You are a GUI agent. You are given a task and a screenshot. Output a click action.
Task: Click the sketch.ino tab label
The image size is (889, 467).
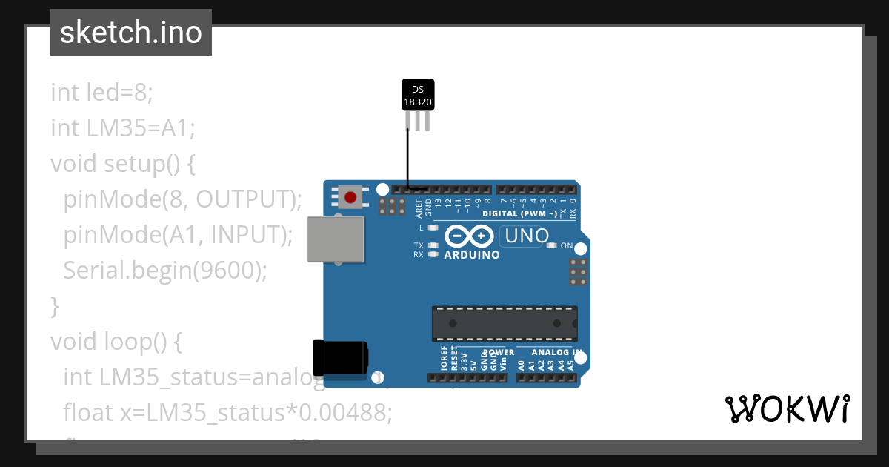(x=131, y=33)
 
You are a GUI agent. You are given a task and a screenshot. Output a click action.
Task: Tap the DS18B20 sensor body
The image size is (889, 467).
(x=418, y=95)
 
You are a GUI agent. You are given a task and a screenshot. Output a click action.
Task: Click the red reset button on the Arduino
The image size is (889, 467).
(x=350, y=197)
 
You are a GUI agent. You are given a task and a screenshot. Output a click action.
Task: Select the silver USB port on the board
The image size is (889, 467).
(x=336, y=239)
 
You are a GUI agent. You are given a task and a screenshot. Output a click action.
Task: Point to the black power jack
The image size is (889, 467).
(x=340, y=357)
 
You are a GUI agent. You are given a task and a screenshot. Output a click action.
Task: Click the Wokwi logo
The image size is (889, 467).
(x=788, y=408)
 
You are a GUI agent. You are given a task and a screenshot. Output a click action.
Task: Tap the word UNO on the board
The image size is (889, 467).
(x=525, y=236)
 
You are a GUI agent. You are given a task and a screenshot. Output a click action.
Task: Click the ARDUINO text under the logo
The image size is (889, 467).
(x=471, y=255)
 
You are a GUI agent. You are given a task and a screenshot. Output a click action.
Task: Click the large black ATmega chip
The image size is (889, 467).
(x=505, y=323)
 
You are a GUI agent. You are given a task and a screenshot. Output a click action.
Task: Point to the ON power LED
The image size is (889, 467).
(x=551, y=245)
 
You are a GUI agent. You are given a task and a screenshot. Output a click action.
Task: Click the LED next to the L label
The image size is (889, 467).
(x=433, y=228)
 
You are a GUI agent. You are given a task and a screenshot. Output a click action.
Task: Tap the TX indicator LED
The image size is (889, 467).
(x=433, y=245)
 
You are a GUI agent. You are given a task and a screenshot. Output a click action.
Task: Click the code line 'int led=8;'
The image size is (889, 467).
(x=102, y=93)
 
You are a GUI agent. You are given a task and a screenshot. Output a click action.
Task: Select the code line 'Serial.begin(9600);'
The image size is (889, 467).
(x=164, y=270)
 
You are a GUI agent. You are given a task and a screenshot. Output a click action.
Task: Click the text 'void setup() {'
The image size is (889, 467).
(x=123, y=163)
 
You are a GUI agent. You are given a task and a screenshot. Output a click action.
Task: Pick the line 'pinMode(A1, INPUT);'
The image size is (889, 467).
(x=179, y=234)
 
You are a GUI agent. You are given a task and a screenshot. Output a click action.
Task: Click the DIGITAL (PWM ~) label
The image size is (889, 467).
(x=520, y=214)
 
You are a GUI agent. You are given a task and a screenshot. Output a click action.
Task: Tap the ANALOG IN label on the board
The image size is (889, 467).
(x=556, y=353)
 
